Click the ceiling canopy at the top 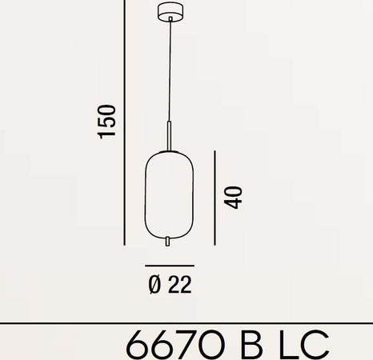pos(170,13)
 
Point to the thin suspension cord pos(170,72)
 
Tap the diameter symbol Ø pos(155,284)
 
